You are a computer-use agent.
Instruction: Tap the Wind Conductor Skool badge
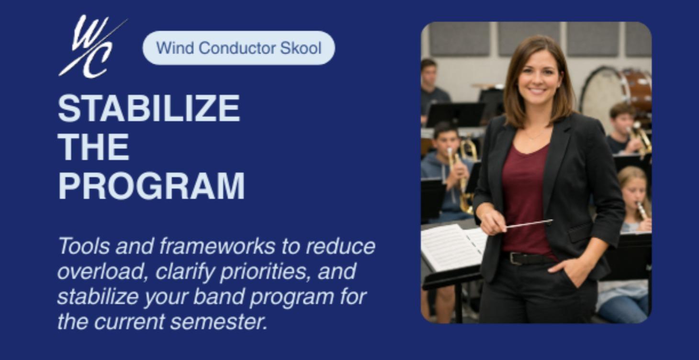238,48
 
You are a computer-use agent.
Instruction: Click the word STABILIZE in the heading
148,108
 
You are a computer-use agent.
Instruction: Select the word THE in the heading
93,147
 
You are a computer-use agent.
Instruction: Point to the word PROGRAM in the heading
151,186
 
